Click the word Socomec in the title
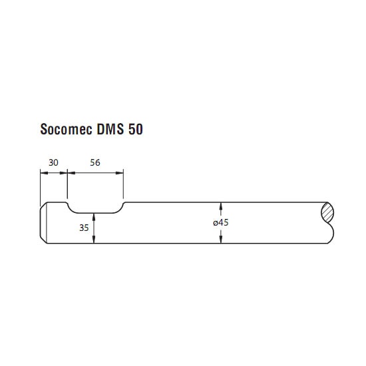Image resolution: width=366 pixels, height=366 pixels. click(67, 129)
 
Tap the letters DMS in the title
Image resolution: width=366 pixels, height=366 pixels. click(110, 129)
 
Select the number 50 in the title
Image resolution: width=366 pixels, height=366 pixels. click(135, 129)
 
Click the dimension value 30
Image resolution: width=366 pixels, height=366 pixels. click(53, 162)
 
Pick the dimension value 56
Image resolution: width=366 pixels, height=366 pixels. click(95, 162)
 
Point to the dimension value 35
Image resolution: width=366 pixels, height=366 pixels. click(84, 228)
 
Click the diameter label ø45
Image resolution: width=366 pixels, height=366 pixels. click(220, 222)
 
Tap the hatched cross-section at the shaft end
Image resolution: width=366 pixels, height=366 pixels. click(327, 212)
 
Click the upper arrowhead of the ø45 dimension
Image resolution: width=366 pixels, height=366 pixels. click(221, 206)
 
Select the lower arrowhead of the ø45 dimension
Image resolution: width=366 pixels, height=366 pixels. click(221, 240)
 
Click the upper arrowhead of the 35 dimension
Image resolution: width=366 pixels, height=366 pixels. click(94, 217)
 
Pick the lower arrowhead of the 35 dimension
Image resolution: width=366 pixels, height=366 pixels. click(94, 240)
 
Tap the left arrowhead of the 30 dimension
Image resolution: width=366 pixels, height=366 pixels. click(44, 173)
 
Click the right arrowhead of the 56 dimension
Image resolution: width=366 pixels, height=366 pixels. click(119, 173)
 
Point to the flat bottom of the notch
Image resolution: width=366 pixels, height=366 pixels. click(94, 213)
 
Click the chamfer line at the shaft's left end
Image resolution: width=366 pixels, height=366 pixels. click(47, 223)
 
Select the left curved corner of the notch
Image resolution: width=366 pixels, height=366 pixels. click(71, 208)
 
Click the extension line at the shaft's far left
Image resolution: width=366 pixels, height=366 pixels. click(41, 188)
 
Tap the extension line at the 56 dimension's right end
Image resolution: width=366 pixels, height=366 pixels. click(123, 184)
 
